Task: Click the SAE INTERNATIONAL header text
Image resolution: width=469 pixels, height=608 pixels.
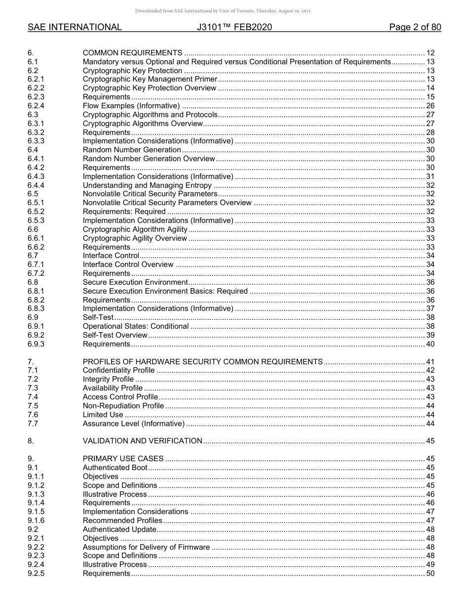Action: tap(75, 27)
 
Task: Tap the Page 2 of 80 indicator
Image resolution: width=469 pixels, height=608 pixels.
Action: tap(415, 27)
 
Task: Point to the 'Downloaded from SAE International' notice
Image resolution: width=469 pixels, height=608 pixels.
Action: tap(223, 11)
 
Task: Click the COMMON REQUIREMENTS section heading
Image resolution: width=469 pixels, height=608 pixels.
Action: tap(132, 53)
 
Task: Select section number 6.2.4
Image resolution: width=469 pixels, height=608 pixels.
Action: tap(36, 106)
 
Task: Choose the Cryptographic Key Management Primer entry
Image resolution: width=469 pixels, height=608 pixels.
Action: tap(150, 79)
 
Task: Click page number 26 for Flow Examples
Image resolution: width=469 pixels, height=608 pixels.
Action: tap(430, 106)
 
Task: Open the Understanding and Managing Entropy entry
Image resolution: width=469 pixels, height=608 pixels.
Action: tap(147, 185)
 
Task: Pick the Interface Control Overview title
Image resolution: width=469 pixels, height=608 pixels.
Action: tap(128, 264)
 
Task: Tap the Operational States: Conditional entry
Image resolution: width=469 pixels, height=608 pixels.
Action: tap(135, 326)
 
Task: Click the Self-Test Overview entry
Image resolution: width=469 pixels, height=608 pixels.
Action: tap(115, 335)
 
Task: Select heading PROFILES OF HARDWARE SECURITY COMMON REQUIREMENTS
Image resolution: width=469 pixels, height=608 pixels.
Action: tap(202, 362)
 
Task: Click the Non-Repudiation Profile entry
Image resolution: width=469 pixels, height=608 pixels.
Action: tap(123, 406)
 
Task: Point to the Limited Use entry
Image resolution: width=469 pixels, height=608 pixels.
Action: tap(103, 415)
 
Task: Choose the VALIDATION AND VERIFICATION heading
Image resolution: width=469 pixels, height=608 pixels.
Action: tap(142, 441)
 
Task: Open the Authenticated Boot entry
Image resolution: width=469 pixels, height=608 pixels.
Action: tap(115, 468)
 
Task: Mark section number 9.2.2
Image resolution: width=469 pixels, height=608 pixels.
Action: tap(36, 547)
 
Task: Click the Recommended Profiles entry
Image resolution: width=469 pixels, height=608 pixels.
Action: tap(122, 521)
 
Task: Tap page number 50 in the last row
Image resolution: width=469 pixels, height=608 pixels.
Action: tap(430, 573)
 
